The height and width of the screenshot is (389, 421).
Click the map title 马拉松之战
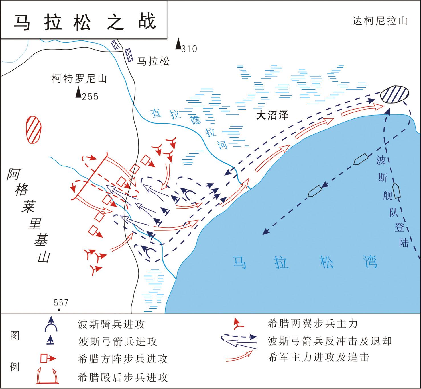(x=85, y=22)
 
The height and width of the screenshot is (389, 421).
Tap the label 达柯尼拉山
(x=380, y=21)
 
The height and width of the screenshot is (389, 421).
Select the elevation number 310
(x=189, y=49)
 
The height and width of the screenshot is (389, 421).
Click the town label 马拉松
(x=153, y=61)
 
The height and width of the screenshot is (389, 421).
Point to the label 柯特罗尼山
(x=79, y=79)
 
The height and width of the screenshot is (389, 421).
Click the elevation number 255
(x=90, y=97)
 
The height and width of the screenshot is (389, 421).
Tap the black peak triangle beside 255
(x=78, y=92)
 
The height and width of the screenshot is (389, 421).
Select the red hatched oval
(x=33, y=129)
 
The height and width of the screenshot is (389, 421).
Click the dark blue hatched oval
(x=394, y=94)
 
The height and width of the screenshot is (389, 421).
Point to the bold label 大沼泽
(x=272, y=115)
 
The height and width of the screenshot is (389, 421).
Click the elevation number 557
(x=61, y=303)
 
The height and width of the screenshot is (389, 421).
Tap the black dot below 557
(x=59, y=310)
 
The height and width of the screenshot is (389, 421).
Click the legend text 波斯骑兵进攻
(x=111, y=324)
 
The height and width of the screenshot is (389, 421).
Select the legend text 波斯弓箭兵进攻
(x=118, y=341)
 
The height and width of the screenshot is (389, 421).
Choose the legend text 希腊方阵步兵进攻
(x=123, y=359)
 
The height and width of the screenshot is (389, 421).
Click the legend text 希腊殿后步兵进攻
(x=123, y=377)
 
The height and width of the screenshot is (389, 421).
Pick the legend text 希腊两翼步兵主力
(x=313, y=324)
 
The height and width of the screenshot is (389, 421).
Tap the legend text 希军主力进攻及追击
(x=318, y=357)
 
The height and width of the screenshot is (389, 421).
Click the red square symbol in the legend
(x=44, y=359)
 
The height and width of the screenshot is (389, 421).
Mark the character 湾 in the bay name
(x=370, y=262)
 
